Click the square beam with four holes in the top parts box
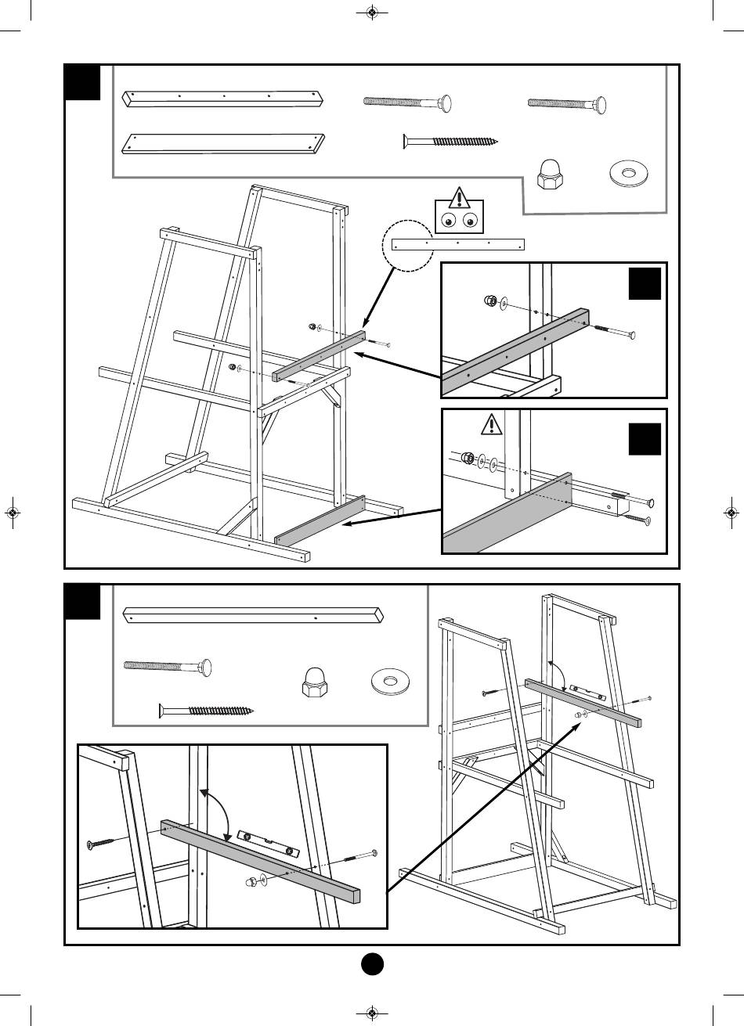tap(224, 99)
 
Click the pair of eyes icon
tap(458, 221)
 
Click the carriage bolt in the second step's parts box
tap(168, 666)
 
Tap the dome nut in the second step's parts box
tap(313, 682)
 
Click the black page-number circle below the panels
tap(372, 964)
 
